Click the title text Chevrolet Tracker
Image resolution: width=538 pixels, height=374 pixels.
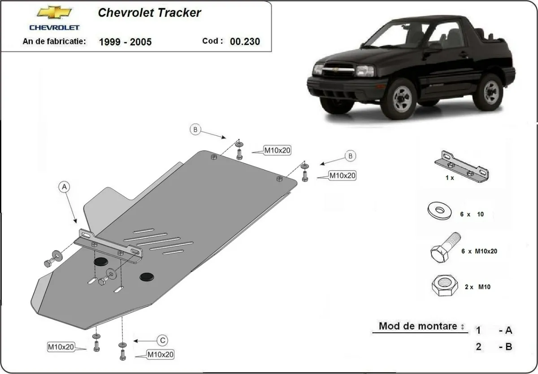pos(149,13)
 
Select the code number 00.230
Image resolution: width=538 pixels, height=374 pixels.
pos(244,42)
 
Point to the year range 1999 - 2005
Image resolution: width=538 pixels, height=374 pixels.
pos(125,42)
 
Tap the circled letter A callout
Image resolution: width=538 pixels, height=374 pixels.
pos(65,186)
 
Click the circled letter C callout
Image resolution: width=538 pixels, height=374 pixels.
pos(162,340)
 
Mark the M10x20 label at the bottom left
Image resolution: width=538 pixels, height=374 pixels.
pos(61,347)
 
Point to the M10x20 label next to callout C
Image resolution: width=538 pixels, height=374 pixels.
pos(160,355)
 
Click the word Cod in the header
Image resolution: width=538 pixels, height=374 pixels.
pos(213,41)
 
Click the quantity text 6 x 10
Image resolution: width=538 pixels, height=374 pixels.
pos(472,215)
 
